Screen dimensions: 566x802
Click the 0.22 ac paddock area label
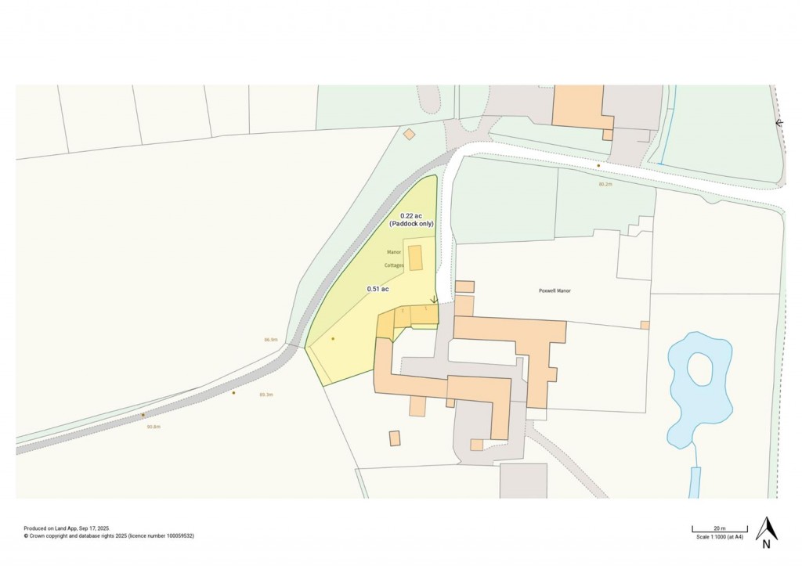(x=412, y=220)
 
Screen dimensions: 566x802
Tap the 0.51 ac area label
(x=378, y=289)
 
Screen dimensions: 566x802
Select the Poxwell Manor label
(x=555, y=290)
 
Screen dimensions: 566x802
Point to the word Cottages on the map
(x=394, y=265)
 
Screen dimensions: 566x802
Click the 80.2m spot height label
(x=605, y=184)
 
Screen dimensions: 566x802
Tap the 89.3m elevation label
(x=265, y=395)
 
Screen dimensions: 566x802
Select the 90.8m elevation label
(x=153, y=427)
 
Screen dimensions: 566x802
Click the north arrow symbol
(x=767, y=530)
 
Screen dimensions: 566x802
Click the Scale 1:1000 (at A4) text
(x=719, y=537)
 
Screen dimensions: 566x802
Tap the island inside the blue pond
(x=700, y=369)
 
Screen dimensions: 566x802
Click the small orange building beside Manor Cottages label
(x=415, y=258)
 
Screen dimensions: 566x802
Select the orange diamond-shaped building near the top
(x=409, y=135)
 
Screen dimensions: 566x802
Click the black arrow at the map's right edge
(x=779, y=123)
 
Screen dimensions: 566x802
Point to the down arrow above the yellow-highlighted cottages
(x=434, y=299)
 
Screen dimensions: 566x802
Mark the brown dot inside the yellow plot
(x=333, y=339)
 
